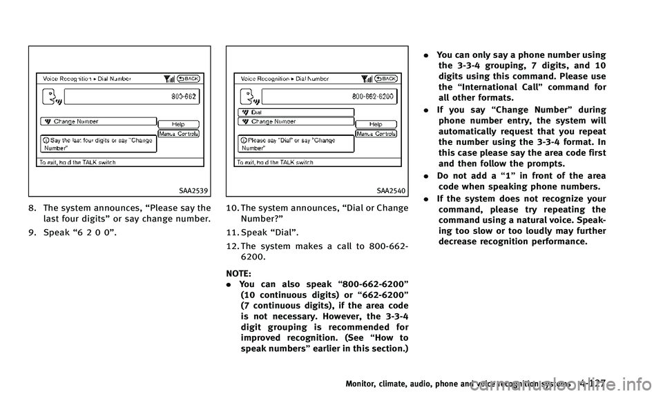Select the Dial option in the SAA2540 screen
[296, 112]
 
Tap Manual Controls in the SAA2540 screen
[376, 132]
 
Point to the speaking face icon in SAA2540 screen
[246, 97]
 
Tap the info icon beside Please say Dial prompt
[242, 140]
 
